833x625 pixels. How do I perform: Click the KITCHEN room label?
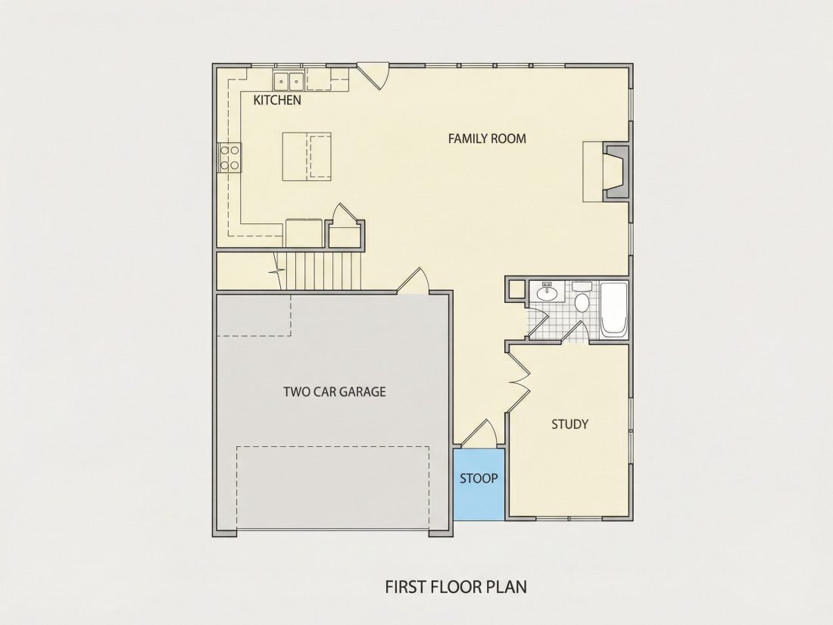pos(276,100)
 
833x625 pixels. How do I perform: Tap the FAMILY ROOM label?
pos(487,139)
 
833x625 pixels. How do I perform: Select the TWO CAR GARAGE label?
pos(334,392)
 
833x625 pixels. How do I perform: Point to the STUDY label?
pos(569,424)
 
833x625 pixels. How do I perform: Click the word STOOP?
pos(478,478)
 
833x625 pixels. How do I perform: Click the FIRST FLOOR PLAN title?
pos(456,586)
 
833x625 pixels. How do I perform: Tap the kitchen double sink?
pos(289,81)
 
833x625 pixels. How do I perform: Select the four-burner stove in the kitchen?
pos(229,158)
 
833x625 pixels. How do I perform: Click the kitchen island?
pos(307,156)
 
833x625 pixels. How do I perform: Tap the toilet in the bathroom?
pos(582,298)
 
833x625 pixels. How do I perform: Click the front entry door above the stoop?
pos(479,433)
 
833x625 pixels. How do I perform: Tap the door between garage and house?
pos(413,280)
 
